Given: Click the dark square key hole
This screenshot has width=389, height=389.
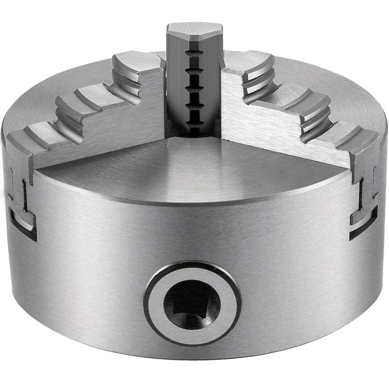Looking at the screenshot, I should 192,304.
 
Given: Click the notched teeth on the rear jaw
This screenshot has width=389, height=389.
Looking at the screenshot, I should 194,88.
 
